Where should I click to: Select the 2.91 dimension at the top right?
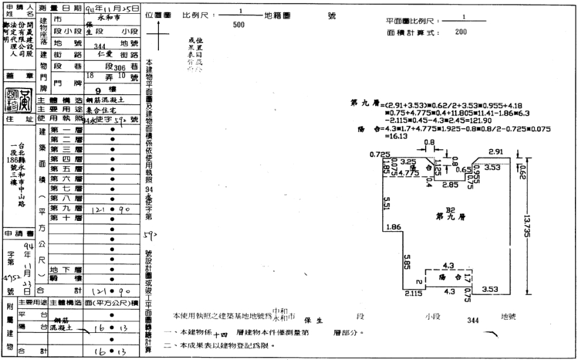coord(496,152)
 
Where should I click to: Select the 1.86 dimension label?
coord(393,227)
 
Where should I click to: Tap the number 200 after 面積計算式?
coord(462,32)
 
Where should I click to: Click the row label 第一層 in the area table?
coord(66,130)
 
